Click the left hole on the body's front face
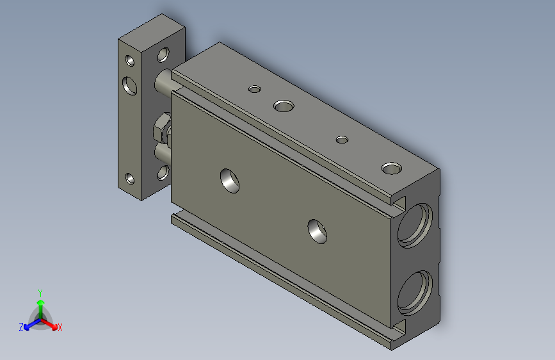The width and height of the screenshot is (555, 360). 230,180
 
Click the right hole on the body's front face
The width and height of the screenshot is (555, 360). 317,231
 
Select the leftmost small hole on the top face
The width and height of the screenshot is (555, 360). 255,88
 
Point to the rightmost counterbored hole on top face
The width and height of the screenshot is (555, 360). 391,168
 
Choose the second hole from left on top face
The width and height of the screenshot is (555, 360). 282,104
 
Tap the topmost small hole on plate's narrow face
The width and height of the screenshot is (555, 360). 130,61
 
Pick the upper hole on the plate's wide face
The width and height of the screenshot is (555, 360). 164,54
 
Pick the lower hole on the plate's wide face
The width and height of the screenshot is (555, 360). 163,172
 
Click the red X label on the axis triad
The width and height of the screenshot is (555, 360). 60,328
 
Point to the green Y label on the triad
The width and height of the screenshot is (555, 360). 40,291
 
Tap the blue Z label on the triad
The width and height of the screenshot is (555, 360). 21,327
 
